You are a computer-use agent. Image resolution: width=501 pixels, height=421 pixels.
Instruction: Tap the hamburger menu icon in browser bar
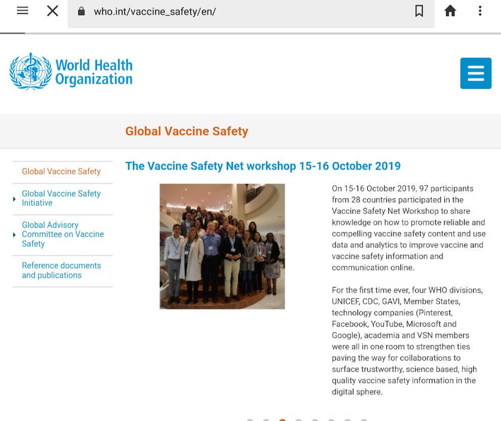[23, 11]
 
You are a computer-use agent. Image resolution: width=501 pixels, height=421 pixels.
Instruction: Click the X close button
[53, 11]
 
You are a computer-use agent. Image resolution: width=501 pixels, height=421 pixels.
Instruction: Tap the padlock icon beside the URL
[81, 11]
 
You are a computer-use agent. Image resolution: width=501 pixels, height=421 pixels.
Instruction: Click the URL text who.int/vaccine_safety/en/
[155, 12]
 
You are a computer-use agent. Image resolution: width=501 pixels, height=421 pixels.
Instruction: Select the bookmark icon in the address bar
[419, 11]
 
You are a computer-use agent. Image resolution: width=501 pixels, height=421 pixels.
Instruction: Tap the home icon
[450, 11]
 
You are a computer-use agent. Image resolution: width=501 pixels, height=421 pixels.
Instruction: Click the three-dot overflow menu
[480, 11]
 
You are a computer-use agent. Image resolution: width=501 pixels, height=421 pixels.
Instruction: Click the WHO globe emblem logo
[31, 71]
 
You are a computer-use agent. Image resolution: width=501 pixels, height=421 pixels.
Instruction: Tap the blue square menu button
[476, 73]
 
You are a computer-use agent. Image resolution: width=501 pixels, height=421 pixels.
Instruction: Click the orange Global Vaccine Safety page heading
[186, 132]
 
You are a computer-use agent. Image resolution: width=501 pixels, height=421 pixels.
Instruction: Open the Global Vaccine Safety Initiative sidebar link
[61, 198]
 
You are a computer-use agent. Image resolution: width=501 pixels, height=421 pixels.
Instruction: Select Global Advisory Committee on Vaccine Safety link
[63, 234]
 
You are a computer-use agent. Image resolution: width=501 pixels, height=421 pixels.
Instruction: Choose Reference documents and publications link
[61, 270]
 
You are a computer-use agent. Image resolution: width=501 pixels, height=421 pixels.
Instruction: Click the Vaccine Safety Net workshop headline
[263, 166]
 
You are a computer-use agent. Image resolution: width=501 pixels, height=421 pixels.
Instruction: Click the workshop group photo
[222, 246]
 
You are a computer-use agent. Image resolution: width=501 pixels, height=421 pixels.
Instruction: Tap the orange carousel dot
[282, 419]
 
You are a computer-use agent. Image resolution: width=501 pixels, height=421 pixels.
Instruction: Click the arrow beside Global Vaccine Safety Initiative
[14, 199]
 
